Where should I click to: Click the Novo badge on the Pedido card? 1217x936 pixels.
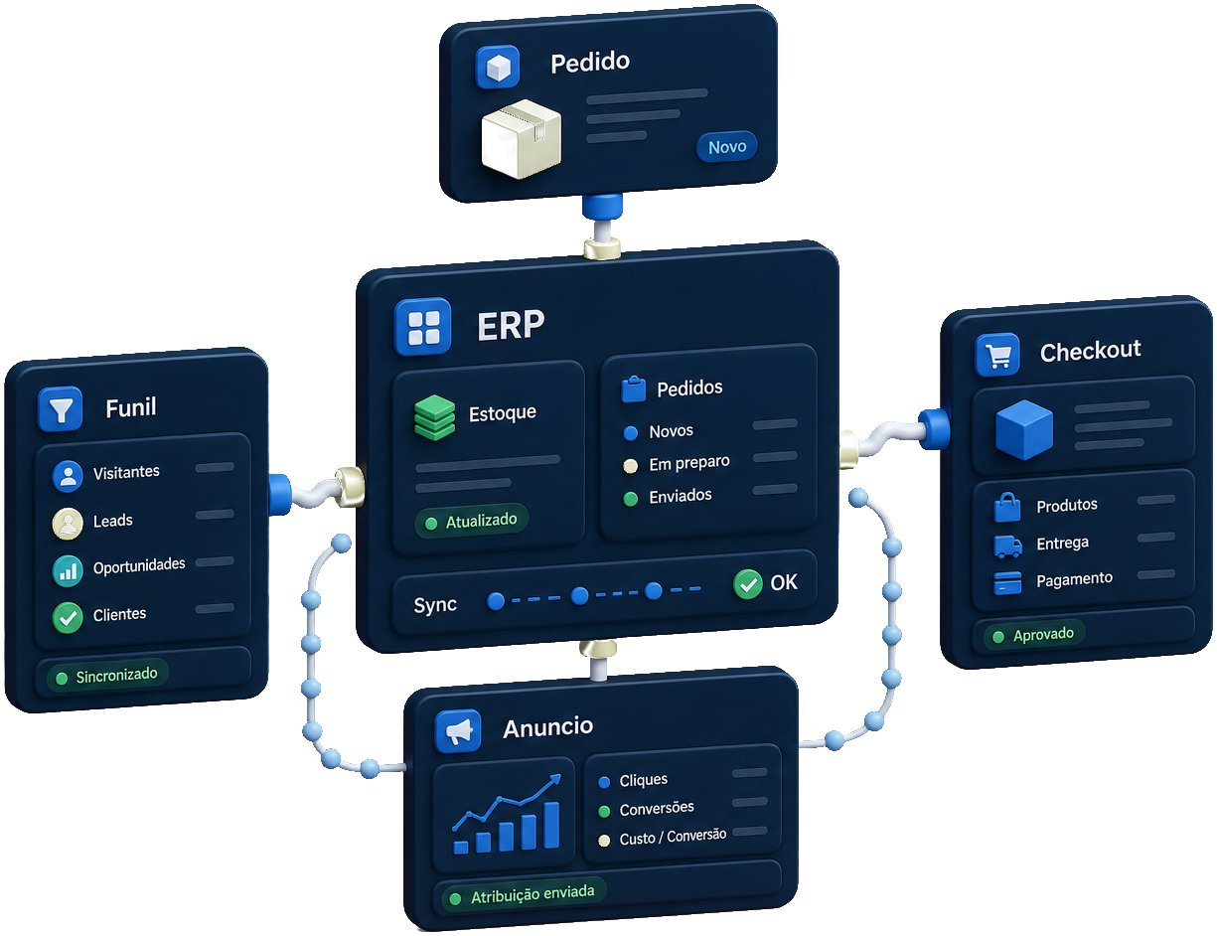click(726, 147)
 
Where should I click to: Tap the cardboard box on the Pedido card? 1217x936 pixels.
click(521, 139)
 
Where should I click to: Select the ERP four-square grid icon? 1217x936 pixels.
click(423, 327)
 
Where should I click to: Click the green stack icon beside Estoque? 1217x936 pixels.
click(434, 417)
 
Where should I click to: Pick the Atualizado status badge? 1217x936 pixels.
click(472, 522)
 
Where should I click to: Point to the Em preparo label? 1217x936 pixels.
click(688, 463)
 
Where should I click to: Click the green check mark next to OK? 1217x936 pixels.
click(748, 584)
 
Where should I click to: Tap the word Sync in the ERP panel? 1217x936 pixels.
click(435, 605)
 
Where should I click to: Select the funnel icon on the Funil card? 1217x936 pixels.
click(61, 409)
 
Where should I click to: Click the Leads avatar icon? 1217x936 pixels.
click(68, 524)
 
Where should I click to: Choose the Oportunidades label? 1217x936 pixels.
click(139, 565)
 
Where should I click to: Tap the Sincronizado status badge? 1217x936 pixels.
click(107, 676)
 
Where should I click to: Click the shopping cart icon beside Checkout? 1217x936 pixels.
click(997, 355)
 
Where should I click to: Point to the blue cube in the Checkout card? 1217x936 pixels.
click(1024, 429)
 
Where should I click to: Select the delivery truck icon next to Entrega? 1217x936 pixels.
click(1007, 546)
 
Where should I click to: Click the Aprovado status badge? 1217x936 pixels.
click(1034, 635)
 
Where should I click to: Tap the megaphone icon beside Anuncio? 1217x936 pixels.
click(458, 730)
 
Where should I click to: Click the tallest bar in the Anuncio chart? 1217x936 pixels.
click(551, 825)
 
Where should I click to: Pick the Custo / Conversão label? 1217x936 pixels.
click(673, 838)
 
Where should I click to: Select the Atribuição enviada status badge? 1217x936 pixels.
click(525, 894)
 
